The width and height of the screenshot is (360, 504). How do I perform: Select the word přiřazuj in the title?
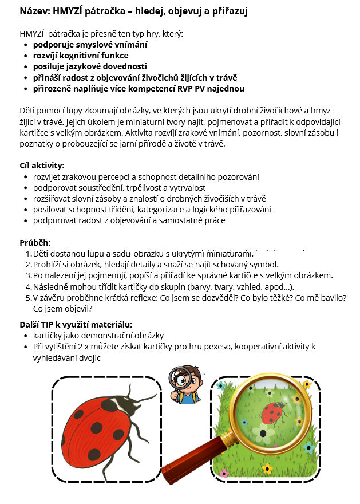(226, 11)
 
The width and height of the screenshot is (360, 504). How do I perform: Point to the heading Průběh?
(35, 242)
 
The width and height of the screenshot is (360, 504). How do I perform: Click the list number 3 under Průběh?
(29, 275)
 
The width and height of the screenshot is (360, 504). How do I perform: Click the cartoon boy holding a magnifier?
(183, 384)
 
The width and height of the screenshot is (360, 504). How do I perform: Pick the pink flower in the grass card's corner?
(224, 474)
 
